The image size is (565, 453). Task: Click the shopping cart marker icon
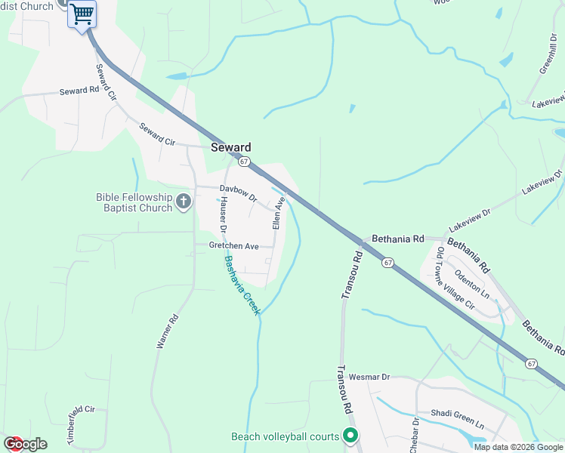pyautogui.click(x=82, y=13)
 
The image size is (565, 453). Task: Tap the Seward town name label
pyautogui.click(x=230, y=147)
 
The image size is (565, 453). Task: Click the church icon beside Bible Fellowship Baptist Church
pyautogui.click(x=184, y=202)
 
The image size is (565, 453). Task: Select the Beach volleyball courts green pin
pyautogui.click(x=350, y=436)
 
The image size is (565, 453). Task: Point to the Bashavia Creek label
pyautogui.click(x=242, y=285)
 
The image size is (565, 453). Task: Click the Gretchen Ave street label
pyautogui.click(x=234, y=246)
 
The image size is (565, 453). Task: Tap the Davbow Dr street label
pyautogui.click(x=239, y=189)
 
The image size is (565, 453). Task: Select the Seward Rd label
pyautogui.click(x=79, y=91)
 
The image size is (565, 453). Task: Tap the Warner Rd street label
pyautogui.click(x=165, y=331)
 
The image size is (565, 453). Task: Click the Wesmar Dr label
pyautogui.click(x=374, y=376)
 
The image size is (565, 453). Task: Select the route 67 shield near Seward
pyautogui.click(x=243, y=162)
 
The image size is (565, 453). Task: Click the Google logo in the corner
pyautogui.click(x=24, y=444)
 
